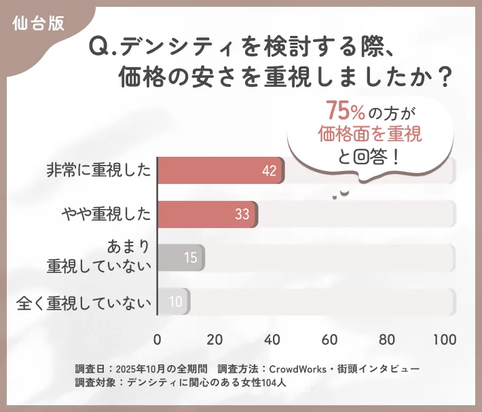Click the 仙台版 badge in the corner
point(39,22)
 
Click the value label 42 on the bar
point(269,170)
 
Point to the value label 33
point(242,214)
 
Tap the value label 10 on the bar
point(175,301)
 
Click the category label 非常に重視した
point(99,170)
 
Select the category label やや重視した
point(106,214)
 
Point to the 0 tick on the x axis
point(157,339)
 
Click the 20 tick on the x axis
point(215,339)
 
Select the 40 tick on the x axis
point(273,339)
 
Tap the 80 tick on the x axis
point(388,339)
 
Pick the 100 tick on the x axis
point(445,339)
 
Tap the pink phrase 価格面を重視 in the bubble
point(370,134)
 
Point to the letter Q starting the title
point(99,47)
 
